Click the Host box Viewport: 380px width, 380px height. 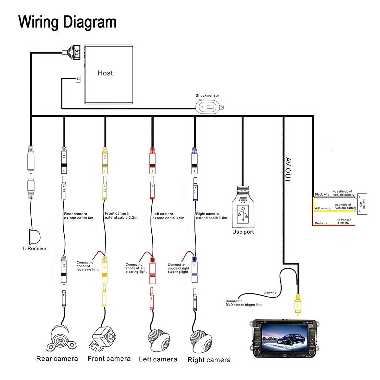click(x=109, y=75)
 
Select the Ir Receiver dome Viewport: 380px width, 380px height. click(x=35, y=236)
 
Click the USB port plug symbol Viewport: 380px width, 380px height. click(x=243, y=211)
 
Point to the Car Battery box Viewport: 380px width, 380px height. click(x=362, y=204)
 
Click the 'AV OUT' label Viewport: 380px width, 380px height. click(x=288, y=170)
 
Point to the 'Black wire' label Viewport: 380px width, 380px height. click(x=322, y=194)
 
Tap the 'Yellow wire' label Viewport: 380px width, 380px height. click(x=322, y=208)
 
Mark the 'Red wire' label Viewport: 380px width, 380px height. click(x=321, y=223)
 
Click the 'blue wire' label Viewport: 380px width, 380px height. click(x=270, y=293)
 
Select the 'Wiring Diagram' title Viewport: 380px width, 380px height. click(x=67, y=22)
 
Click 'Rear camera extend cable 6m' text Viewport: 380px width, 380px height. click(x=79, y=216)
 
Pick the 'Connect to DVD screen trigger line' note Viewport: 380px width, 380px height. click(x=243, y=303)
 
